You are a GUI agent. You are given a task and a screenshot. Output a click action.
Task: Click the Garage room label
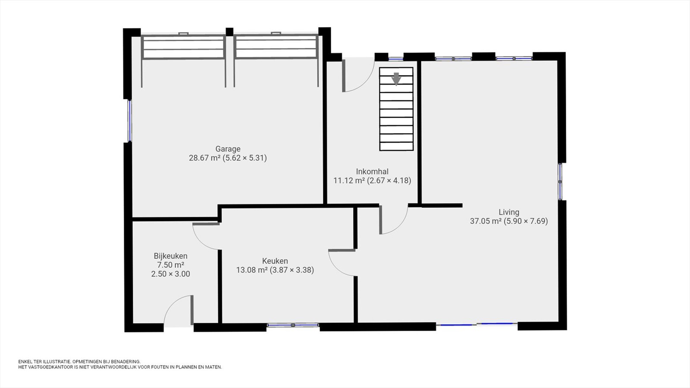click(x=228, y=149)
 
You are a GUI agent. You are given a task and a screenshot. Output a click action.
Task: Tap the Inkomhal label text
click(x=372, y=172)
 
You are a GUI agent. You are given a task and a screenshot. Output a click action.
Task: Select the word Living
click(x=509, y=212)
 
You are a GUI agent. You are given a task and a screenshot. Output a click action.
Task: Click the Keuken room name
click(x=275, y=261)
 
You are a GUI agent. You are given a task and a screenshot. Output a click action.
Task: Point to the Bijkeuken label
click(x=170, y=256)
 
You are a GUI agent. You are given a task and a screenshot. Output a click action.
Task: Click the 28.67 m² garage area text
click(x=204, y=158)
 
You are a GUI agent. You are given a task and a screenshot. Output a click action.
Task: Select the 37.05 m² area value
click(x=486, y=221)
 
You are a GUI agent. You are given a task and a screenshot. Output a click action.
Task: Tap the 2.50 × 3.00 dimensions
click(x=170, y=274)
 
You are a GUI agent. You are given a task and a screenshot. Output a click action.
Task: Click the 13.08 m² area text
click(x=252, y=270)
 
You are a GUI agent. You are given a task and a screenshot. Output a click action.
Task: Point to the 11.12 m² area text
click(x=349, y=181)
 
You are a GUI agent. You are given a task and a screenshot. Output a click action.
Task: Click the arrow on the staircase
click(x=396, y=78)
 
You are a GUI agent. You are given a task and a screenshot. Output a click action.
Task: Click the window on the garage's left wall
click(x=130, y=121)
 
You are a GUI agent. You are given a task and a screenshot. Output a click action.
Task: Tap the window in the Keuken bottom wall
click(x=293, y=325)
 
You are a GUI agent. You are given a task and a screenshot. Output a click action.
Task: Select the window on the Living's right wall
click(x=560, y=181)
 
